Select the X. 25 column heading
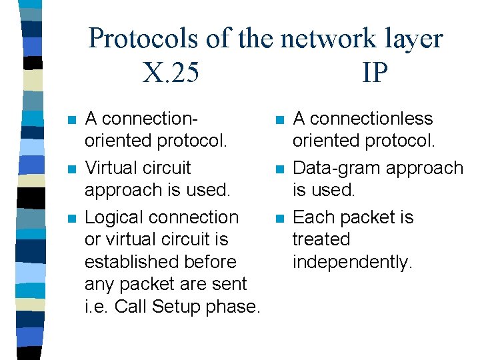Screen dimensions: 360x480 (171, 73)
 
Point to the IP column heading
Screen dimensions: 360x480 (375, 73)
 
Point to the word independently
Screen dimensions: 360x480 (353, 263)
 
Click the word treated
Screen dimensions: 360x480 (321, 239)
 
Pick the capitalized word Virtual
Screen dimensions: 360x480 (109, 168)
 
